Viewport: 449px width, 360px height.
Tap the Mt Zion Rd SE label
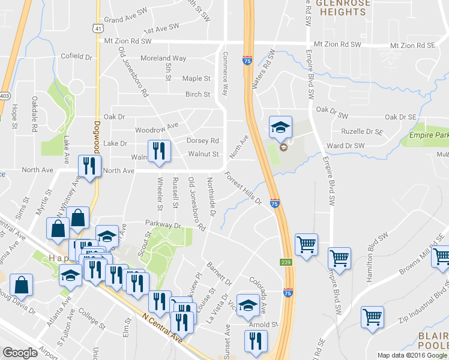(412, 45)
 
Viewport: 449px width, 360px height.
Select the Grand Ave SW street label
(125, 20)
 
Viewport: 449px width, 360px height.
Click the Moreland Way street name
(163, 58)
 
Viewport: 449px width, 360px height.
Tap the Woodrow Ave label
(157, 127)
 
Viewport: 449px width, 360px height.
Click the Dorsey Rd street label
(202, 141)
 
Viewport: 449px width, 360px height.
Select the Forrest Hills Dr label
(243, 188)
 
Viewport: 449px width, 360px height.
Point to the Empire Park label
(429, 137)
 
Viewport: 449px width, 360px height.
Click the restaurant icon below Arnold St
(256, 343)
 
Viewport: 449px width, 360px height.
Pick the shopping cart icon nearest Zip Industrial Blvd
(372, 318)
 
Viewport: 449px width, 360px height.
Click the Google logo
(20, 353)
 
